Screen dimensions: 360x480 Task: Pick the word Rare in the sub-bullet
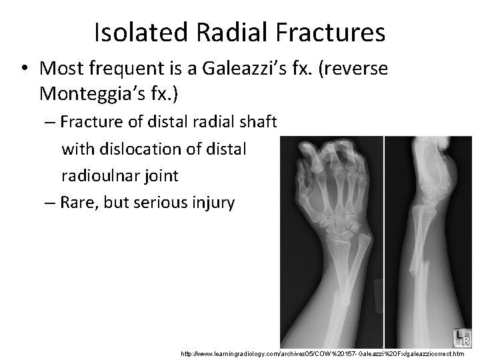(79, 202)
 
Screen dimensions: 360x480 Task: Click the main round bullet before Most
(24, 69)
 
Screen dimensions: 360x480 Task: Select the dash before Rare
(47, 202)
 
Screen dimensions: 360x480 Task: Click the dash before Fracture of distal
(47, 122)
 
